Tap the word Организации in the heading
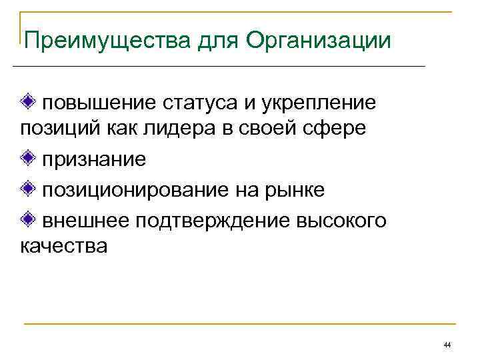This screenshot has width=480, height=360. pos(318,41)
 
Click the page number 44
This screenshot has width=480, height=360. pos(447,345)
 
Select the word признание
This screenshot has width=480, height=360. pos(94,159)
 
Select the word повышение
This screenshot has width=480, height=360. pos(99,103)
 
